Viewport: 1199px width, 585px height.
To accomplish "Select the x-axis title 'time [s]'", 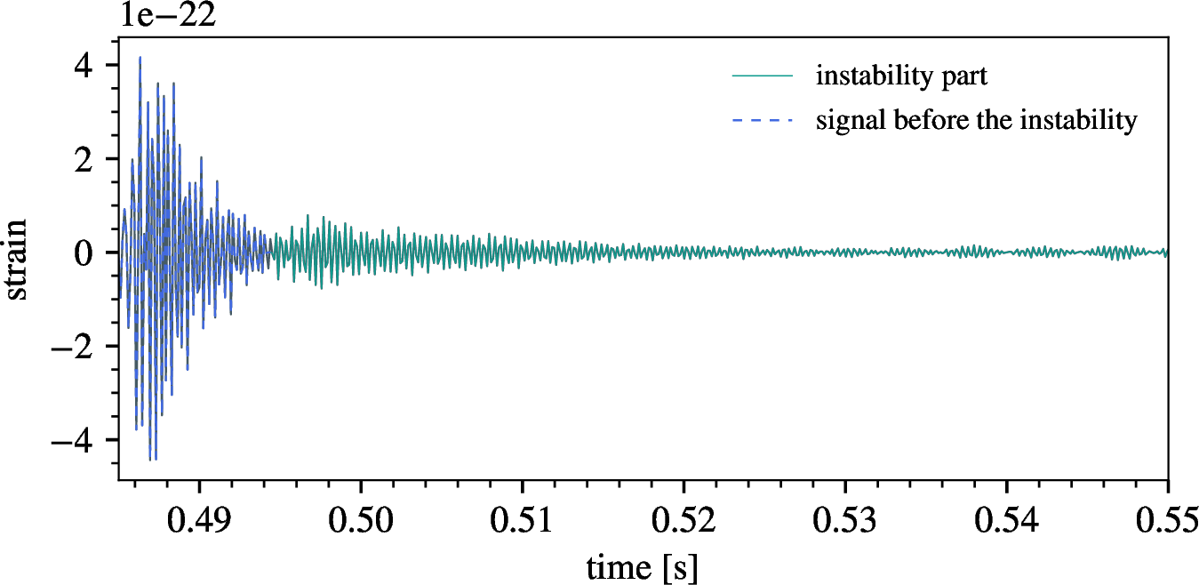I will tap(642, 565).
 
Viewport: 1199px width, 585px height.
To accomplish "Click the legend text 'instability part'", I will tap(901, 76).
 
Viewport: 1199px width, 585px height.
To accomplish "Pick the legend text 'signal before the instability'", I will tap(976, 120).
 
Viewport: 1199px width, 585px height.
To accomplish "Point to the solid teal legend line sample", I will tap(762, 77).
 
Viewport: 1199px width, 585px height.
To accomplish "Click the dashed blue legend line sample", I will tap(762, 121).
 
